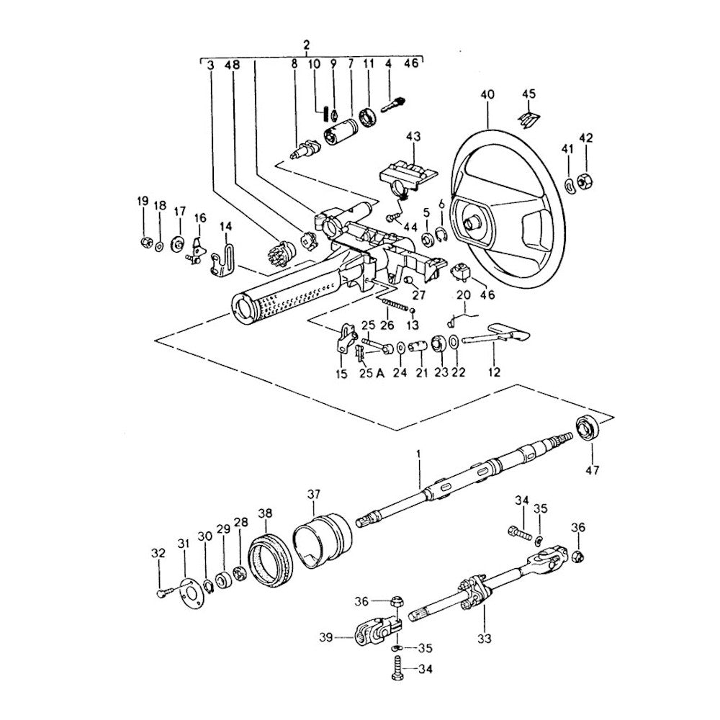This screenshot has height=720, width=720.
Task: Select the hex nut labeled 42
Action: tap(585, 181)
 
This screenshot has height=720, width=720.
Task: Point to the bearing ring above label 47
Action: tap(586, 429)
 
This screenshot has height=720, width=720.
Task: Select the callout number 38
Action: tap(266, 513)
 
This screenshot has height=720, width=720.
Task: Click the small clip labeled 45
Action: tap(529, 115)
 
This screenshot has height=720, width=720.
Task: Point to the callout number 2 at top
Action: tap(307, 45)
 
